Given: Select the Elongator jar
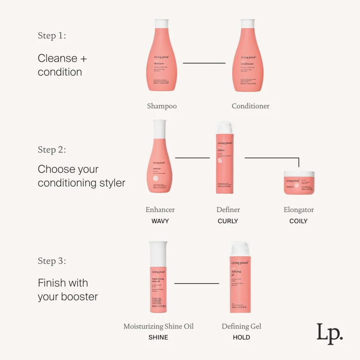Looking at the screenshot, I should (x=298, y=183).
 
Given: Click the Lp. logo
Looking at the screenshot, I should (x=329, y=333).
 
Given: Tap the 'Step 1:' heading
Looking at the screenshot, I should (x=52, y=36).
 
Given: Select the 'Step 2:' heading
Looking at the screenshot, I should (x=52, y=150).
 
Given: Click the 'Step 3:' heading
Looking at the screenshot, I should (x=52, y=261).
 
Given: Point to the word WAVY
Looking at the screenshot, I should (x=160, y=221).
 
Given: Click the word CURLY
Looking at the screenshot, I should (x=228, y=221).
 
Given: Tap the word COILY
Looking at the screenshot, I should (x=298, y=221).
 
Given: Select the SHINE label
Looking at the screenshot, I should (x=158, y=337).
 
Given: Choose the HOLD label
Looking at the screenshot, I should (x=241, y=337).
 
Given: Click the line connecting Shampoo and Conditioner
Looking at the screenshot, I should (x=204, y=63).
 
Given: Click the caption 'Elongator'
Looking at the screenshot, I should (x=299, y=210).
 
